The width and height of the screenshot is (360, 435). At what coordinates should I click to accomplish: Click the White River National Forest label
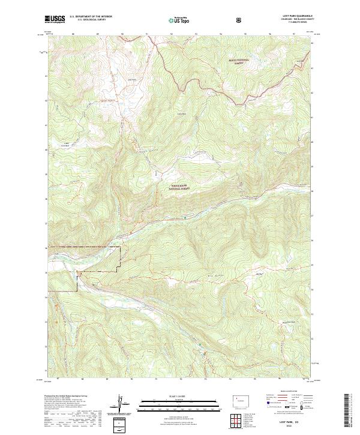[183, 187]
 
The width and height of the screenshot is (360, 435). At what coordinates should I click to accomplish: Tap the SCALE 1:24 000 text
[171, 395]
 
